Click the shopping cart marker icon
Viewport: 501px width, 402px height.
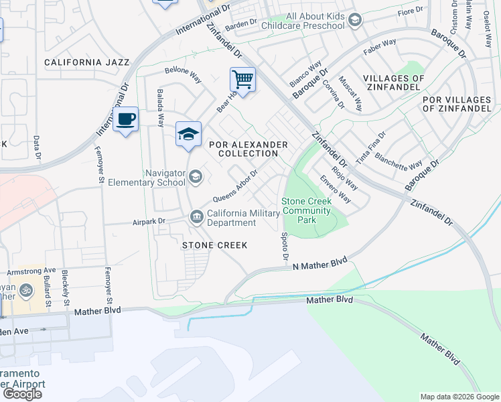pyautogui.click(x=242, y=80)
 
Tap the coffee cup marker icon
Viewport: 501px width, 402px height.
pyautogui.click(x=125, y=119)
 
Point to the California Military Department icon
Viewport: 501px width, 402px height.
pyautogui.click(x=197, y=215)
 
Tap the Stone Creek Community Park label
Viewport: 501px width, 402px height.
pyautogui.click(x=306, y=210)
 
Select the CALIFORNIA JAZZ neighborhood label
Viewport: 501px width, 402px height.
pyautogui.click(x=86, y=62)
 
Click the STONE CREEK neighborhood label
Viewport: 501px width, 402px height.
pyautogui.click(x=215, y=245)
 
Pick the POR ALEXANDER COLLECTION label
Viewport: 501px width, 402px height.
pyautogui.click(x=248, y=149)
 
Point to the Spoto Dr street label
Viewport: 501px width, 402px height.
pyautogui.click(x=285, y=247)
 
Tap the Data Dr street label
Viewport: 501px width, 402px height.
pyautogui.click(x=37, y=148)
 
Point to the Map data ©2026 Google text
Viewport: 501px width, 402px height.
pyautogui.click(x=459, y=397)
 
